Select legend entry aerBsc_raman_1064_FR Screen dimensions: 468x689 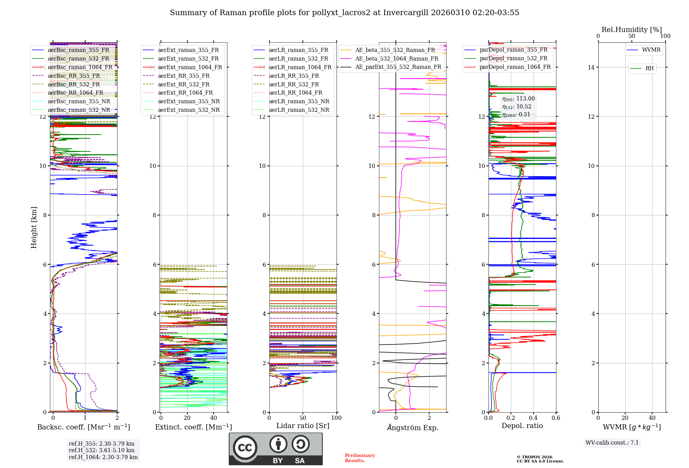coord(80,67)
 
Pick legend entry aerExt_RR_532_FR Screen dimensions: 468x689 coord(184,84)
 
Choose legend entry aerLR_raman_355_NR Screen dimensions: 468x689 coord(299,101)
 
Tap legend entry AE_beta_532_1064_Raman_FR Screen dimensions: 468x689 coord(397,58)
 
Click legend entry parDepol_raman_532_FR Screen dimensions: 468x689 coord(513,58)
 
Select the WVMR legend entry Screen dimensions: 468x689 coord(651,50)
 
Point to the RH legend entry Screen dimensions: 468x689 coord(649,68)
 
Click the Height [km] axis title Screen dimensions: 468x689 coord(34,227)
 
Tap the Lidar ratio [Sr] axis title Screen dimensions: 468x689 coord(303,426)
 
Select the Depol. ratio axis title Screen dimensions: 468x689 coord(522,426)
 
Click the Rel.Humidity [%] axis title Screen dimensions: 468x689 coord(631,30)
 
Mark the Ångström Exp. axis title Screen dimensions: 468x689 coord(412,427)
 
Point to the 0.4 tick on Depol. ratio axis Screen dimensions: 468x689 coord(533,418)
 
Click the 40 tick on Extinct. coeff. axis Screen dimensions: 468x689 coord(214,418)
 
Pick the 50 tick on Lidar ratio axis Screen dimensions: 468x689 coord(303,418)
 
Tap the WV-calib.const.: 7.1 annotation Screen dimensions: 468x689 coord(612,443)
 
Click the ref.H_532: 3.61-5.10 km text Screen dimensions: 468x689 coord(102,450)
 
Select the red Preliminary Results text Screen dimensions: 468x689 coord(360,458)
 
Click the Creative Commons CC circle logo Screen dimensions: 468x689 coord(245,448)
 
